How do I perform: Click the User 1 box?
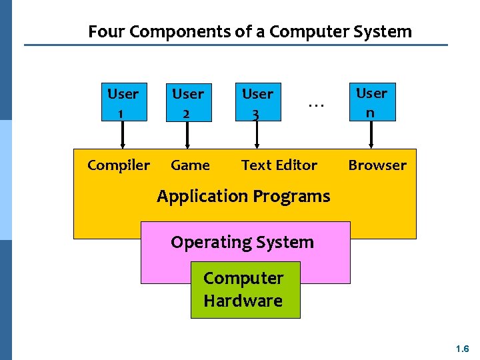(x=123, y=103)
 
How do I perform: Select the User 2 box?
(x=188, y=103)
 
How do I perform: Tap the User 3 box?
(x=257, y=103)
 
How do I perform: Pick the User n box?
(x=371, y=103)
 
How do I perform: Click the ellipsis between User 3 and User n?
(x=316, y=104)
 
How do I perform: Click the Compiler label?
(x=119, y=165)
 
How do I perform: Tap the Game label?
(x=190, y=165)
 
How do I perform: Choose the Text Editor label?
(x=279, y=165)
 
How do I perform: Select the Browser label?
(x=377, y=165)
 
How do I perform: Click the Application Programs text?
(x=243, y=196)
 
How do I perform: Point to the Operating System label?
(x=242, y=242)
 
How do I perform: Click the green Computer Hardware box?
(x=245, y=289)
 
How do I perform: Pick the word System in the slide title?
(x=387, y=31)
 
